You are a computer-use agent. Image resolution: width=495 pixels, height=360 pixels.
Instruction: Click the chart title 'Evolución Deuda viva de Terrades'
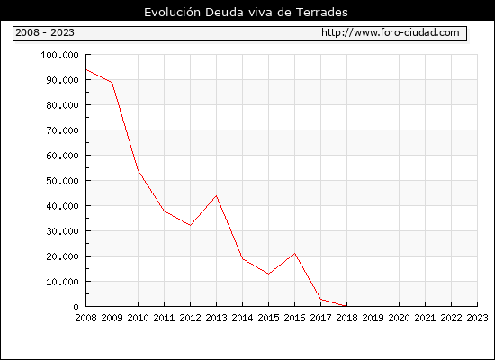pyautogui.click(x=246, y=12)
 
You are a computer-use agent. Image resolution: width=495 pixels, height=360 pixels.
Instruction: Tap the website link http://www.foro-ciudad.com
pyautogui.click(x=391, y=32)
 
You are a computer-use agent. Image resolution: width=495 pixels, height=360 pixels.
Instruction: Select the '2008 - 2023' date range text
pyautogui.click(x=45, y=32)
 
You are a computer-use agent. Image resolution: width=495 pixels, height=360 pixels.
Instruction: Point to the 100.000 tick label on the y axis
pyautogui.click(x=59, y=55)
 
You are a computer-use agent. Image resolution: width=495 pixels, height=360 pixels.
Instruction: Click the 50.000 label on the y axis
pyautogui.click(x=62, y=181)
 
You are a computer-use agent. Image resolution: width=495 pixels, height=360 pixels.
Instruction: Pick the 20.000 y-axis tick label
pyautogui.click(x=62, y=256)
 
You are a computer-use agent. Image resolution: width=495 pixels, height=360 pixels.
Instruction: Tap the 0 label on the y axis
pyautogui.click(x=76, y=307)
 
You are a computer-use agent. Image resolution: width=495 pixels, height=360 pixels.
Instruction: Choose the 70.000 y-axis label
pyautogui.click(x=62, y=130)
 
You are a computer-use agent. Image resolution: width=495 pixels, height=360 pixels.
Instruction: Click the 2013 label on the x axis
pyautogui.click(x=216, y=318)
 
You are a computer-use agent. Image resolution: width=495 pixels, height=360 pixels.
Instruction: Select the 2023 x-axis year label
pyautogui.click(x=477, y=318)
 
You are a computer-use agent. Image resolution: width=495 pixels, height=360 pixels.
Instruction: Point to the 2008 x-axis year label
pyautogui.click(x=85, y=318)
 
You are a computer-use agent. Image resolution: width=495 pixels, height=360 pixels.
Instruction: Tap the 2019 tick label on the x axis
pyautogui.click(x=373, y=318)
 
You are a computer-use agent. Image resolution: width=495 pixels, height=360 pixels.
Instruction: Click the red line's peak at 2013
pyautogui.click(x=216, y=196)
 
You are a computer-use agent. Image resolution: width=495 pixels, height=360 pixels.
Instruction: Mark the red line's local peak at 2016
pyautogui.click(x=294, y=253)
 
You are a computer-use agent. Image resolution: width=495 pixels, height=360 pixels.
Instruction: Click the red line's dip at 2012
pyautogui.click(x=190, y=225)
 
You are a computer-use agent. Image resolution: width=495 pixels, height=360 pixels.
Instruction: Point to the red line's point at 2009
pyautogui.click(x=112, y=83)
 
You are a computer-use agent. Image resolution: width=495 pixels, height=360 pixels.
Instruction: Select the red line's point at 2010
pyautogui.click(x=138, y=170)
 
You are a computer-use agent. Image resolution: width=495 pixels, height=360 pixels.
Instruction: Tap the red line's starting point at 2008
pyautogui.click(x=86, y=69)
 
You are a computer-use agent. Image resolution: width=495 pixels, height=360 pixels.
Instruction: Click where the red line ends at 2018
pyautogui.click(x=346, y=306)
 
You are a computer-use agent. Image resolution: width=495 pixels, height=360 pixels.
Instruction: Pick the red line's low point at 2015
pyautogui.click(x=268, y=274)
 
